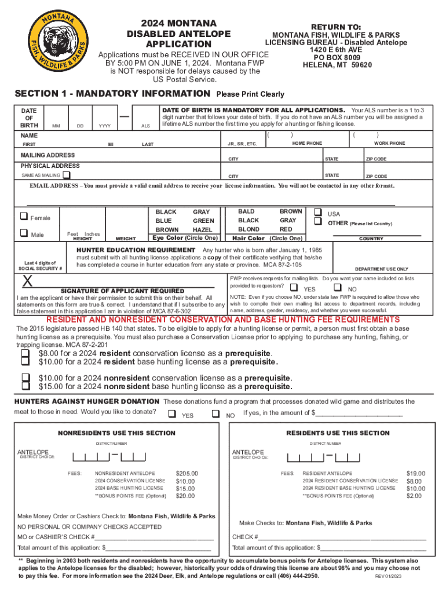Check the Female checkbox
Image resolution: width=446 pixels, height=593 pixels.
[24, 217]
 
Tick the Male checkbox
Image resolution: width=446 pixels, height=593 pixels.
[24, 233]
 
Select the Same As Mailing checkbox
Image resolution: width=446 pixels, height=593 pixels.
[67, 174]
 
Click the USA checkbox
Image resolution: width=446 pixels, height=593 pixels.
[317, 213]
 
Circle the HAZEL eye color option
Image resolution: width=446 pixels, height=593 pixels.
[202, 229]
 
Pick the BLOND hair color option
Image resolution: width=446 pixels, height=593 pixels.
[249, 229]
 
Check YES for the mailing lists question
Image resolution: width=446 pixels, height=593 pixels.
[294, 288]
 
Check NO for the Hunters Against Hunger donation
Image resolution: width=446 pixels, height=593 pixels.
[215, 414]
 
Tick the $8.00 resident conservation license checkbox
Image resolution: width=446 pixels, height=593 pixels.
[24, 353]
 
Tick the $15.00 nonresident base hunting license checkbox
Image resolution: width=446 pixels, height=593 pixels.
[24, 387]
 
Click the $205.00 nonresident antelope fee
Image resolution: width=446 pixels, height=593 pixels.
[187, 473]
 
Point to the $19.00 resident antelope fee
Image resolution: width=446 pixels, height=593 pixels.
[415, 473]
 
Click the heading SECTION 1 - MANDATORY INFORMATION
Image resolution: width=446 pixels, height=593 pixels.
[112, 93]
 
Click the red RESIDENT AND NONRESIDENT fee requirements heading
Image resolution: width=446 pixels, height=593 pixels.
[223, 320]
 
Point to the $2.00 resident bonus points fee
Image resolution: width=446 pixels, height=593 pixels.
[414, 496]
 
